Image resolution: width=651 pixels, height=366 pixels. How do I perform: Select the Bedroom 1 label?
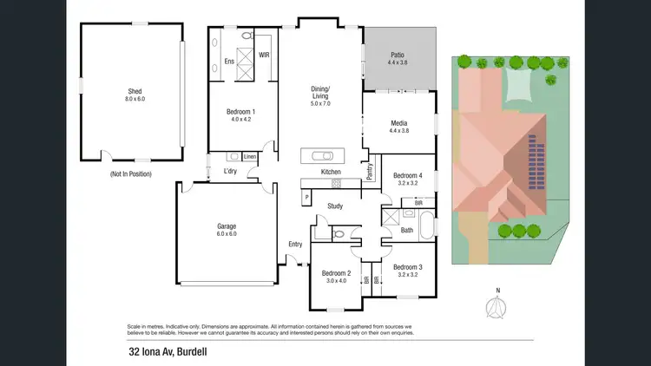coord(240,112)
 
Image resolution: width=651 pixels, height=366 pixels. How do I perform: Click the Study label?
coord(334,206)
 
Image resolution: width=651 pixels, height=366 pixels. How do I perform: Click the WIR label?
coord(264,53)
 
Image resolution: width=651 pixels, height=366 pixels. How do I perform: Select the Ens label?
coord(229,62)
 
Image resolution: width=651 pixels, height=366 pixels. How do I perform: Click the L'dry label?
coord(230,171)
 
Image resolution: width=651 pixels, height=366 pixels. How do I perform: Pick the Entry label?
coord(295,244)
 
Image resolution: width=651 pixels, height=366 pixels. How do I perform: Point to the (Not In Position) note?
coord(131,174)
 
